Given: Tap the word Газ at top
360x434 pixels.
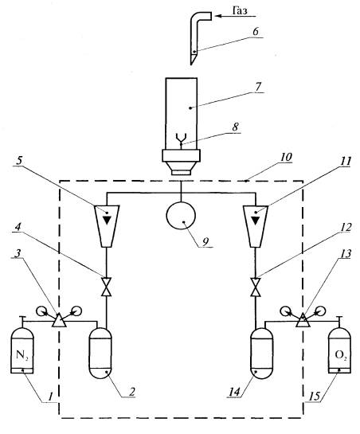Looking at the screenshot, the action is (x=240, y=11).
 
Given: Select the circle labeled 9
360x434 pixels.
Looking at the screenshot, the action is (x=181, y=216).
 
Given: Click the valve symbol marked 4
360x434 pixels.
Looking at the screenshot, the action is (x=106, y=287).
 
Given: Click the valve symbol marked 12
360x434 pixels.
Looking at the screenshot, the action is (x=256, y=287).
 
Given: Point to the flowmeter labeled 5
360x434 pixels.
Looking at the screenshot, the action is (x=107, y=226).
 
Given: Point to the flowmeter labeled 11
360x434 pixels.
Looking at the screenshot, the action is (x=256, y=226).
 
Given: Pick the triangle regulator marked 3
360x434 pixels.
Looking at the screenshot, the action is (x=59, y=320).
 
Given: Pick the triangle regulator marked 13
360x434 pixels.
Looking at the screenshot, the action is (x=303, y=320).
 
